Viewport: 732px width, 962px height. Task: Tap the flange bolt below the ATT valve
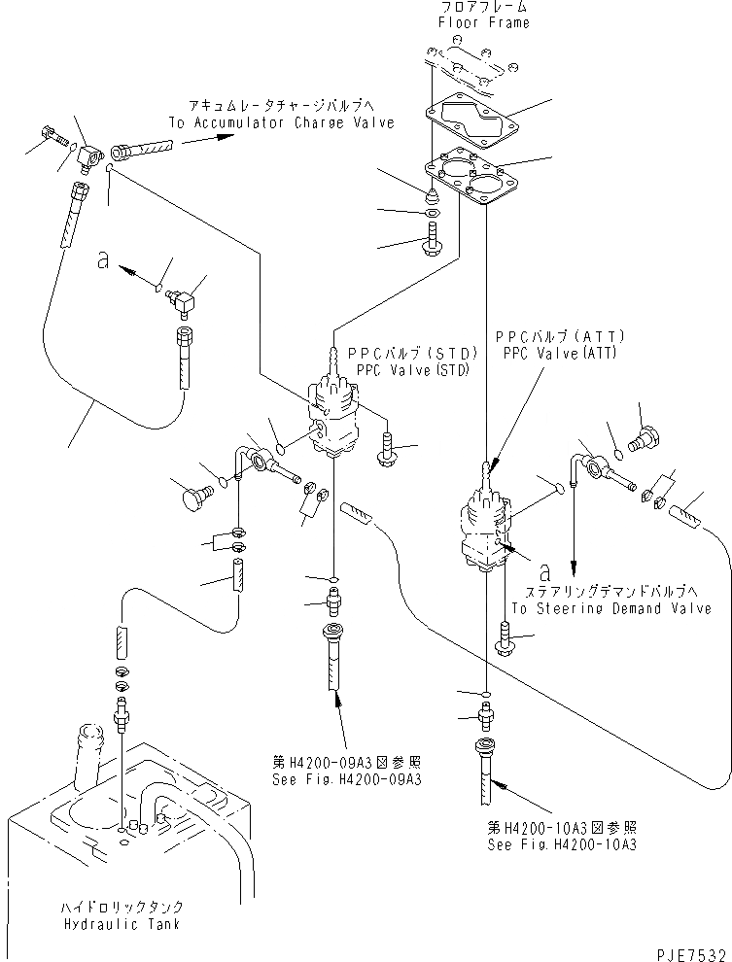pyautogui.click(x=508, y=642)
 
